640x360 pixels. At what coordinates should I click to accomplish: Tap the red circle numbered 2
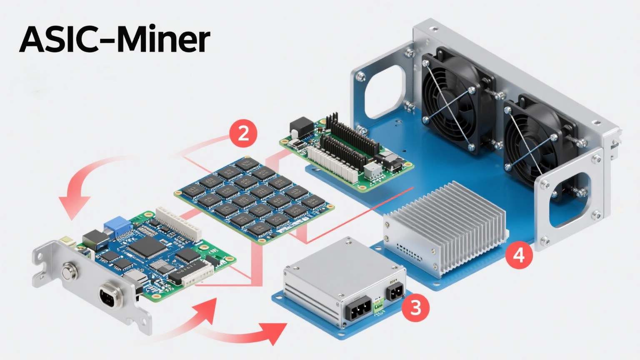click(243, 134)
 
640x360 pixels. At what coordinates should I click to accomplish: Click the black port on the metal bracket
click(109, 297)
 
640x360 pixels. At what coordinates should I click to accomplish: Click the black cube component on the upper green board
click(302, 125)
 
